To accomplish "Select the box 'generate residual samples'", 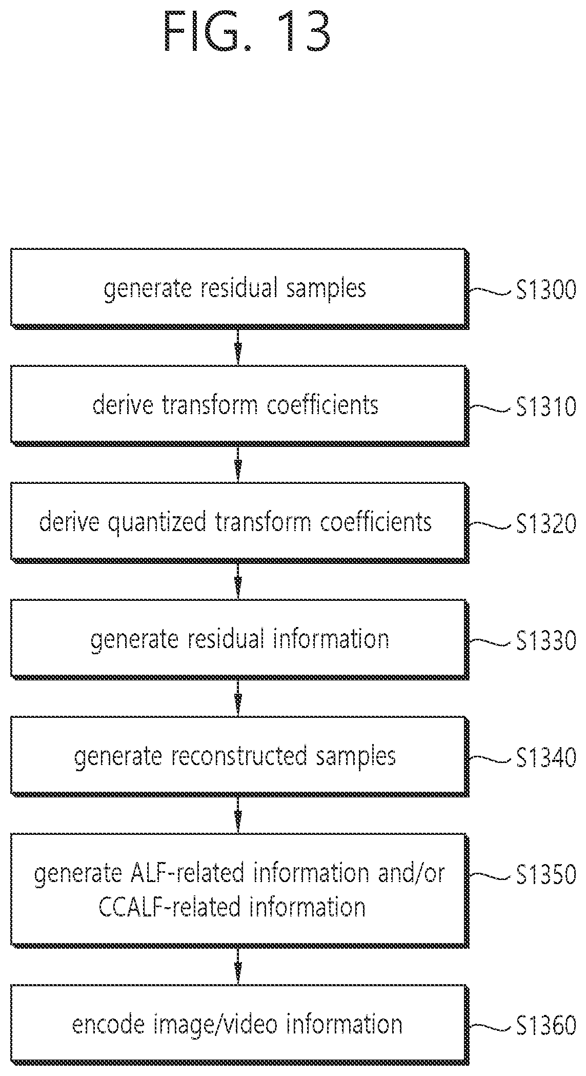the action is click(239, 288).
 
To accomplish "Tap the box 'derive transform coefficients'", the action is click(239, 405).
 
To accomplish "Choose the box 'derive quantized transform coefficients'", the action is click(239, 522).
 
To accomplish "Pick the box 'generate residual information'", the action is click(239, 639).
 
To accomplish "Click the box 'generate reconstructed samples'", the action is click(239, 756).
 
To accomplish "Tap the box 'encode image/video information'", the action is click(239, 1024).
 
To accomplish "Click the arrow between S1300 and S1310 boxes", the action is click(237, 347).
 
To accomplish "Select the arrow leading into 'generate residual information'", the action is click(237, 581).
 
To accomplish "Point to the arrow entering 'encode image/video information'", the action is click(237, 966).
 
